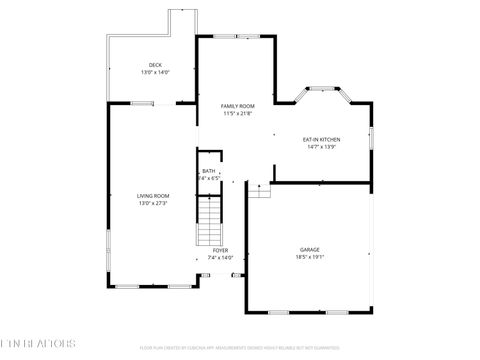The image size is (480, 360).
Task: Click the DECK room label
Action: click(155, 65)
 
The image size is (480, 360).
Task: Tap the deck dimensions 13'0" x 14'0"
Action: click(155, 72)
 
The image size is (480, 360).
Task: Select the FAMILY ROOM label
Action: click(238, 106)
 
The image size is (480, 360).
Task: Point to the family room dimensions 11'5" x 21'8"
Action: click(238, 113)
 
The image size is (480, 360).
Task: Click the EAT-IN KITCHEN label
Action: click(321, 139)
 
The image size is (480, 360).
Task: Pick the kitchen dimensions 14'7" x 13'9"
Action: click(321, 146)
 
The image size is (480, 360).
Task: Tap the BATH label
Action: click(208, 171)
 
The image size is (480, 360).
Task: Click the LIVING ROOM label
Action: click(153, 196)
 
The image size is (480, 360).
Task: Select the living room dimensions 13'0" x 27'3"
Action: click(153, 203)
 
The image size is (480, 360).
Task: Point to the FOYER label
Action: click(220, 250)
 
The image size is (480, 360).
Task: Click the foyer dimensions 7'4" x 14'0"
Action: click(220, 257)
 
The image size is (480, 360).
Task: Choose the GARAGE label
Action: click(310, 249)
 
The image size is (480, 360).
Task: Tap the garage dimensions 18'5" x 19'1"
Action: click(310, 256)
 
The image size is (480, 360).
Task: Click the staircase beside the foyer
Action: click(208, 221)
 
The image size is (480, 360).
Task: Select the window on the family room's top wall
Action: click(245, 36)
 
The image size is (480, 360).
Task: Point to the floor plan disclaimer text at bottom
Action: click(240, 349)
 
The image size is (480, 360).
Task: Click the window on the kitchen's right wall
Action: click(371, 138)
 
